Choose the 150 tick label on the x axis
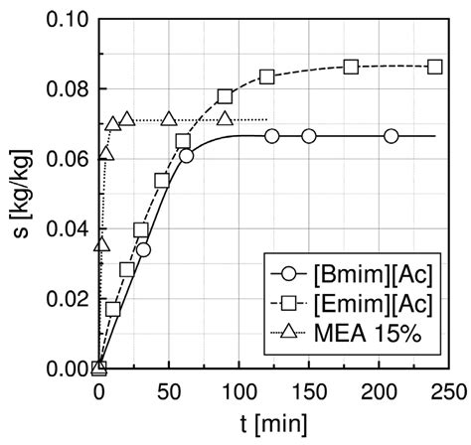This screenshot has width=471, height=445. (309, 389)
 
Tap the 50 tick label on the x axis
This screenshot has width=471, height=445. (169, 389)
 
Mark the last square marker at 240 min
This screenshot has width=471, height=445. (434, 67)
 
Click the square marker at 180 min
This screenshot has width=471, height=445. (351, 67)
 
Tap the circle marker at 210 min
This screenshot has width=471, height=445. (392, 136)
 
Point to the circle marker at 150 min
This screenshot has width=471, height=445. (309, 136)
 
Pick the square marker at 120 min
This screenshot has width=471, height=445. (266, 76)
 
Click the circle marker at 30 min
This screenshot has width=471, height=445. (143, 249)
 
